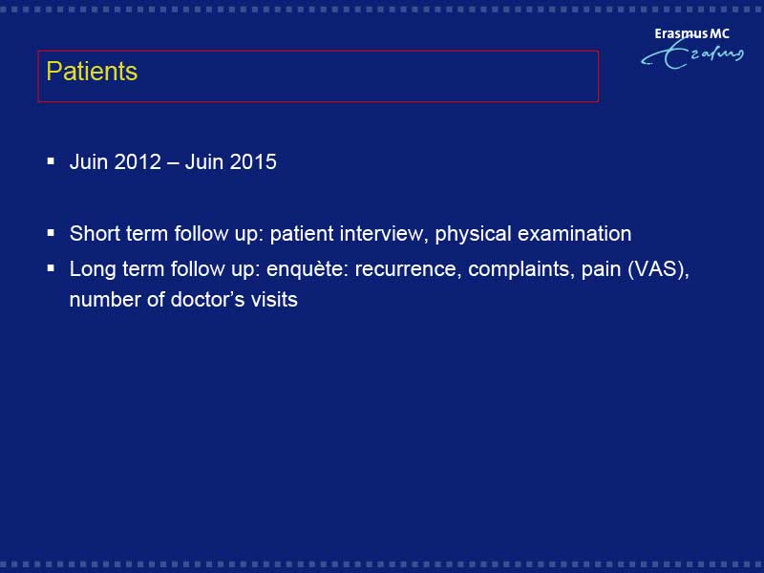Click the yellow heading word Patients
click(x=92, y=71)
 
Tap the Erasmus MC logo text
click(x=691, y=33)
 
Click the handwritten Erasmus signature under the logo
click(x=692, y=54)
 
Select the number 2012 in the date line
click(x=138, y=161)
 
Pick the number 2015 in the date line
click(x=253, y=161)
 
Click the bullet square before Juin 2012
click(x=51, y=160)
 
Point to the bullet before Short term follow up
click(x=51, y=232)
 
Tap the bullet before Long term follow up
click(x=51, y=267)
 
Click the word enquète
click(x=308, y=270)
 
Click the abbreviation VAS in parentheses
click(x=657, y=269)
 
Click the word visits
click(x=274, y=299)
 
